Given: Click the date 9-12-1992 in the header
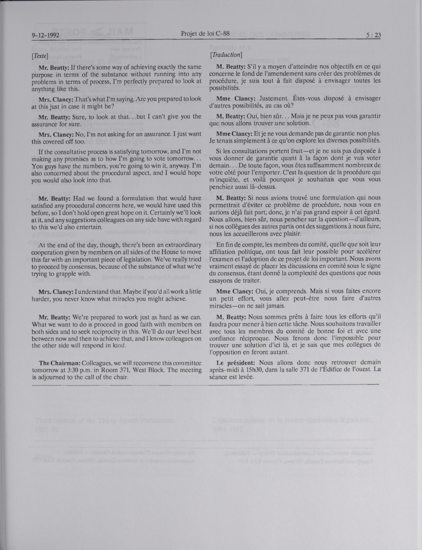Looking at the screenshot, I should tap(45, 35).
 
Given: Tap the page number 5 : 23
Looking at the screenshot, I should tap(374, 35).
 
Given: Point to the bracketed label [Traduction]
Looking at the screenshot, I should tap(226, 55).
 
